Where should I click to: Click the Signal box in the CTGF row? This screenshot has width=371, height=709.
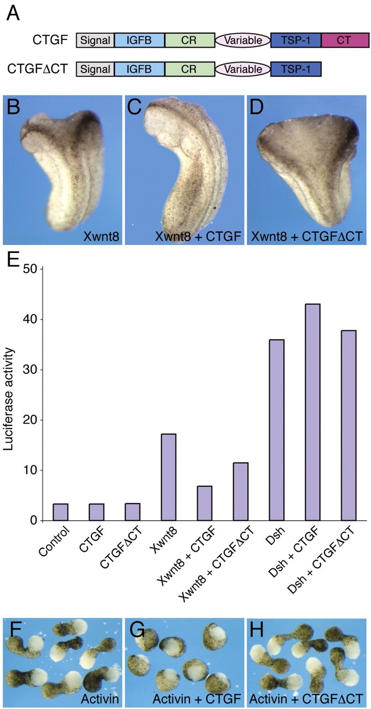pos(95,40)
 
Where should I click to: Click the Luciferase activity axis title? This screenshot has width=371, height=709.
pos(11,394)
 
